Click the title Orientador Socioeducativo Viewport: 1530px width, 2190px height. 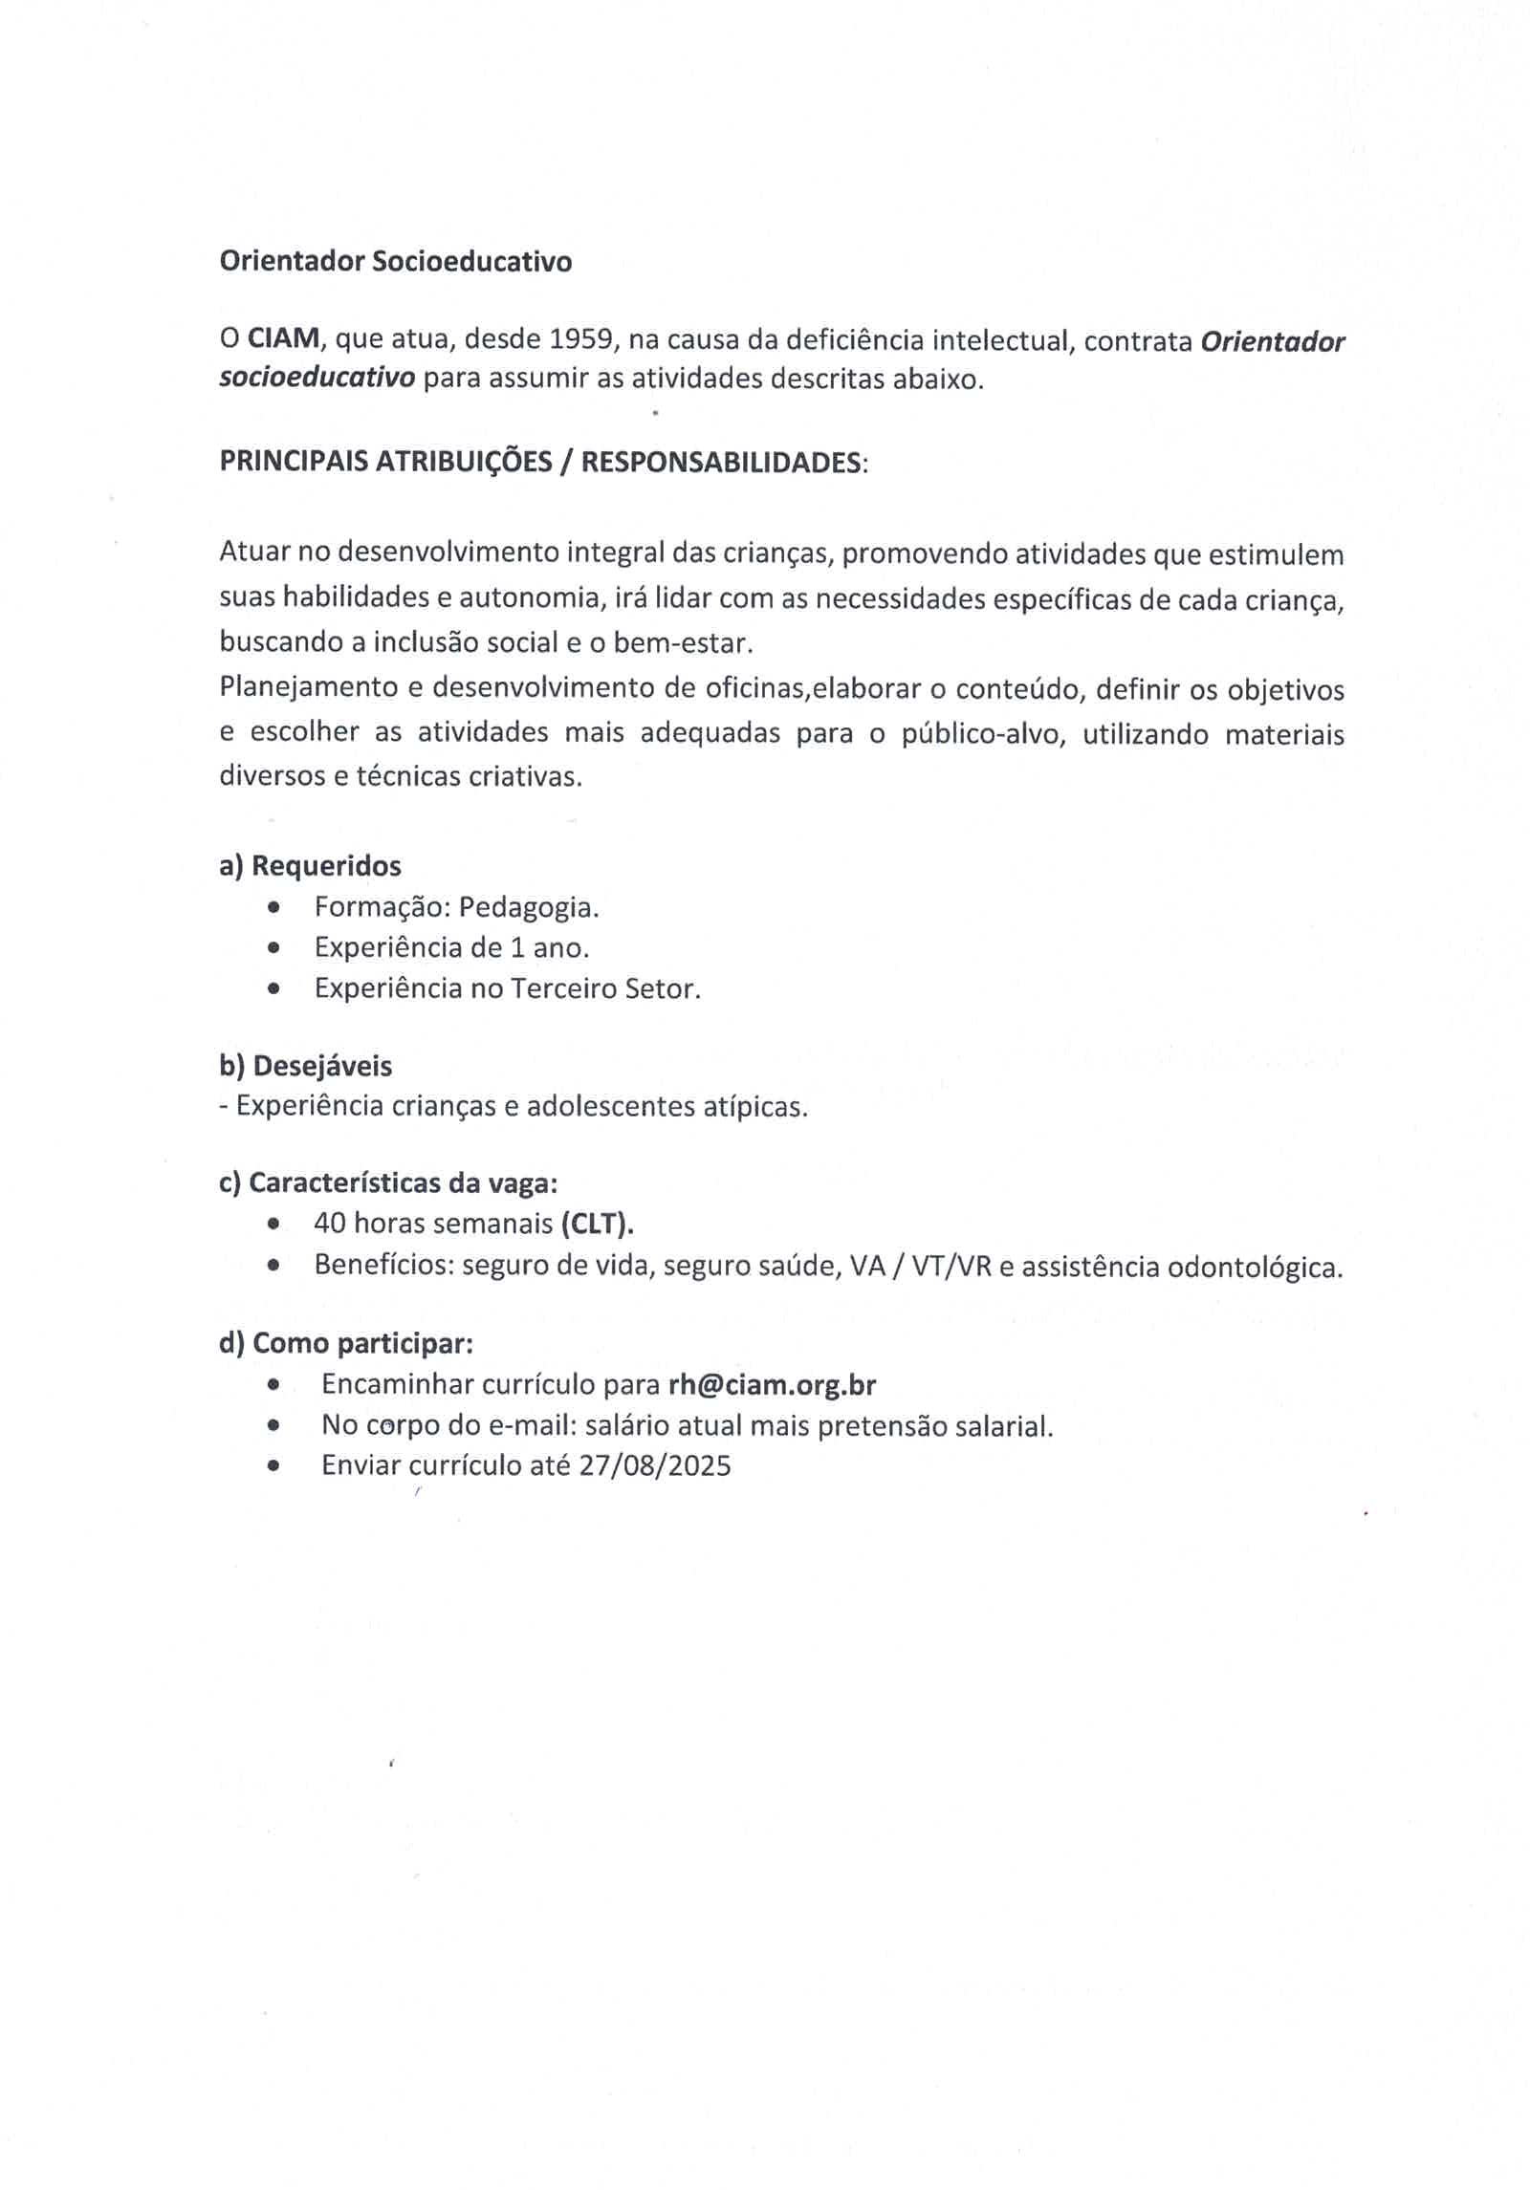click(x=395, y=261)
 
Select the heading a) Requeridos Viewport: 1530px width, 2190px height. click(x=310, y=866)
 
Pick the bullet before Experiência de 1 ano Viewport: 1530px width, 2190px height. click(x=274, y=948)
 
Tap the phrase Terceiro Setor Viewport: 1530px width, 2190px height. click(x=604, y=988)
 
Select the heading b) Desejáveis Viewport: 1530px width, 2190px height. click(x=305, y=1066)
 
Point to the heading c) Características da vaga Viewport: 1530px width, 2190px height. click(x=387, y=1183)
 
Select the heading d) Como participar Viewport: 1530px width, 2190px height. click(x=346, y=1344)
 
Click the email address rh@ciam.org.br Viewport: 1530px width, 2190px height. click(x=772, y=1384)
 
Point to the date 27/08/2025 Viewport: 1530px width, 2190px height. click(x=655, y=1465)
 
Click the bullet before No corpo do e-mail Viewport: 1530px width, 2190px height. click(x=274, y=1425)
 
